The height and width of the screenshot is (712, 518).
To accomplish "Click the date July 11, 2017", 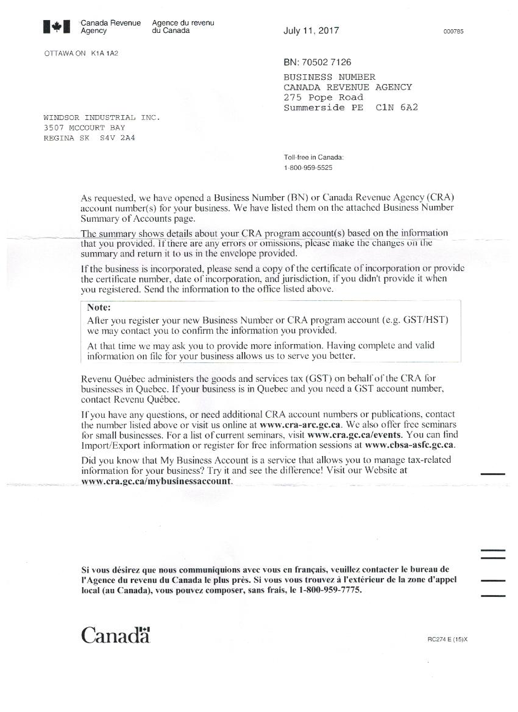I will click(311, 31).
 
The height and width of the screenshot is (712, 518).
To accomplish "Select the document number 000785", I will click(453, 32).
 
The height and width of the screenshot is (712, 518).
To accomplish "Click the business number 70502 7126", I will click(326, 62).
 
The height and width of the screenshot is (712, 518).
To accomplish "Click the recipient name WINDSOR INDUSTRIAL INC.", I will click(102, 118).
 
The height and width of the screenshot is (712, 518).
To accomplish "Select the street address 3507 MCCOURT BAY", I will click(84, 128).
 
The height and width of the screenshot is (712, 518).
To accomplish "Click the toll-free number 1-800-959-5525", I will click(308, 167).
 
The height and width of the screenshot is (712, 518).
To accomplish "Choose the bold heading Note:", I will click(99, 308).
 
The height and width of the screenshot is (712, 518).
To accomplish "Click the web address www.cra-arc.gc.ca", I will click(301, 424).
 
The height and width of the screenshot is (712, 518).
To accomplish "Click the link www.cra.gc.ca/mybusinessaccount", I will click(156, 481).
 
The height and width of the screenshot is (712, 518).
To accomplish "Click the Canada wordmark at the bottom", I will click(116, 635).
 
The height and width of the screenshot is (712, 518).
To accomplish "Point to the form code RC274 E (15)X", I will click(447, 640).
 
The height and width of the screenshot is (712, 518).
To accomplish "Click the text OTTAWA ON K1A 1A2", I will click(81, 54).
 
